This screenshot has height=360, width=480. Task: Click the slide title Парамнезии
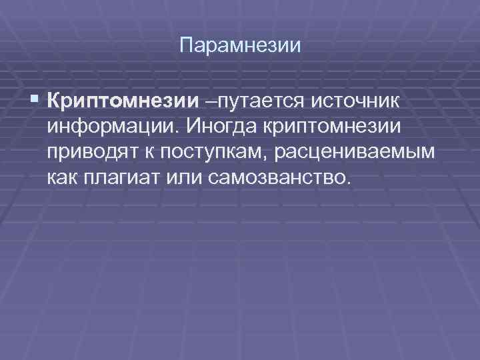[x=241, y=47]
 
